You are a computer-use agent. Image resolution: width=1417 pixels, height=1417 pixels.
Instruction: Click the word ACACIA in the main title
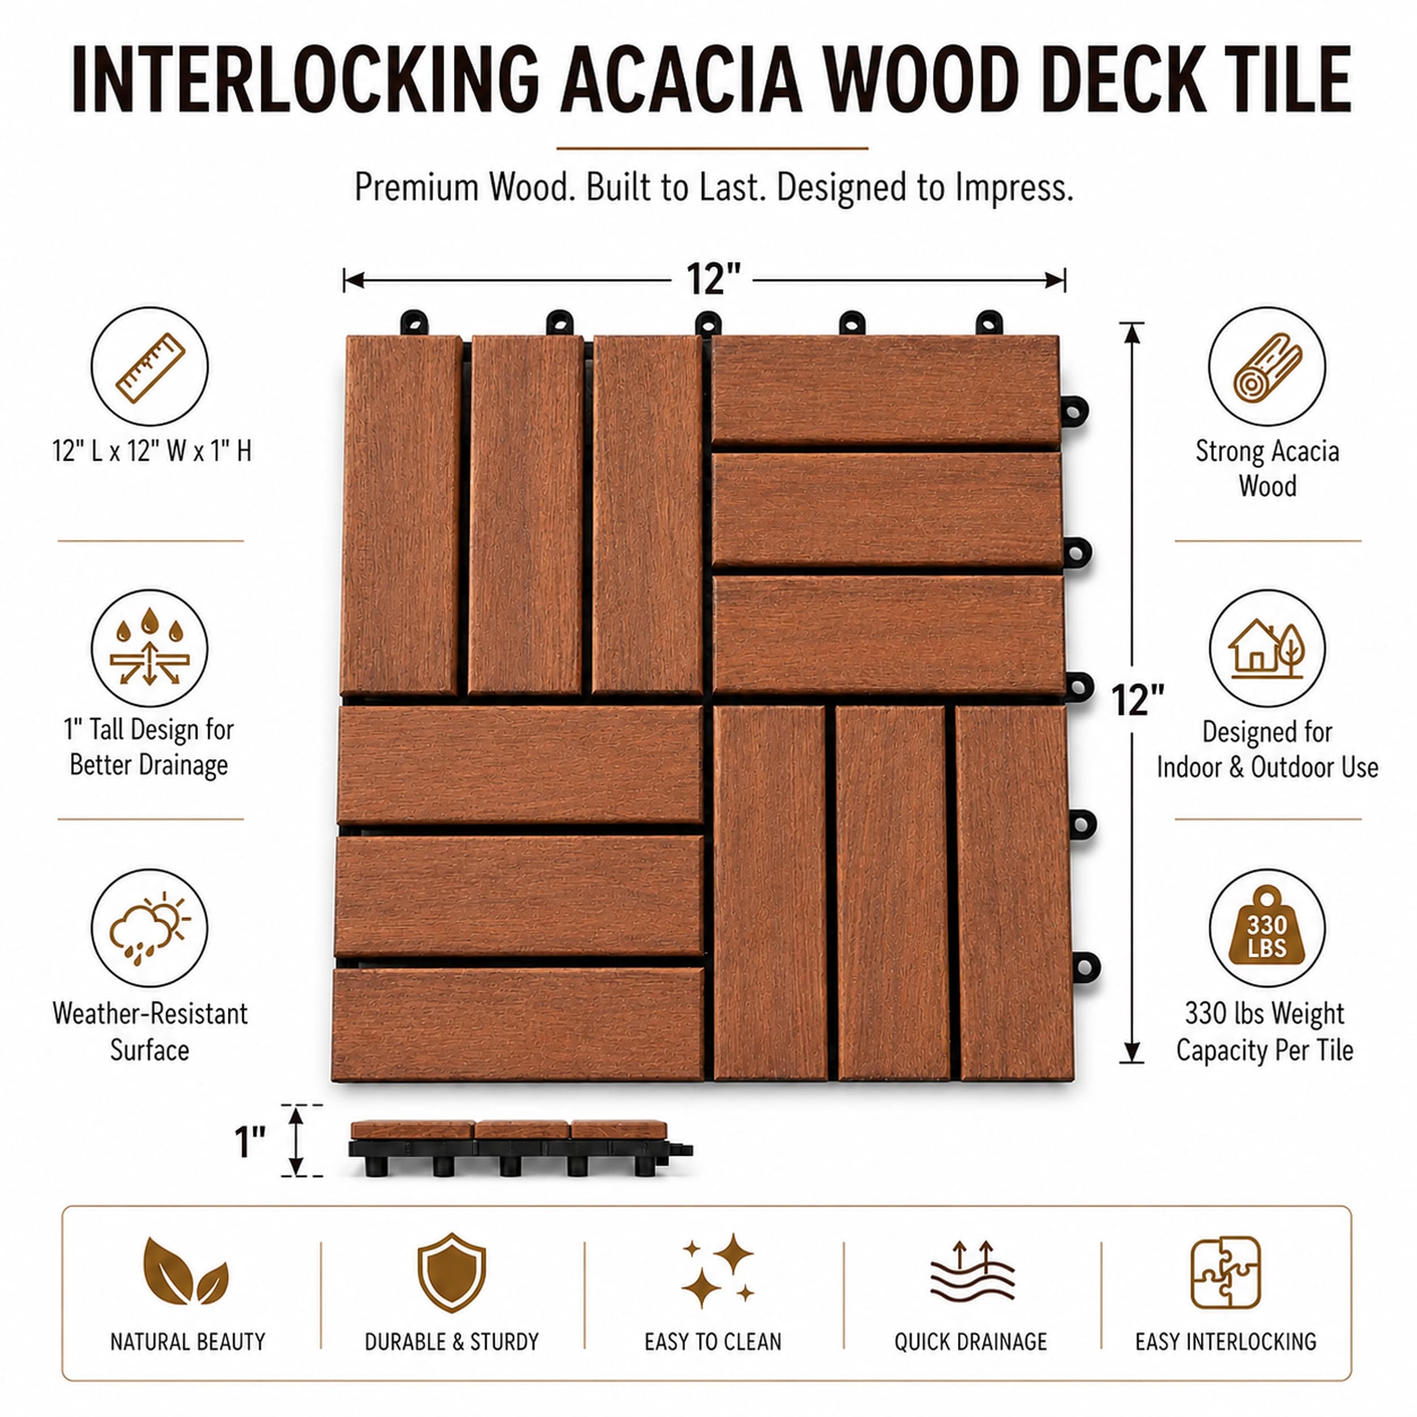[x=681, y=80]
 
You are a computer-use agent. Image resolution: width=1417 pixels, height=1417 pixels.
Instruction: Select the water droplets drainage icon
[x=150, y=646]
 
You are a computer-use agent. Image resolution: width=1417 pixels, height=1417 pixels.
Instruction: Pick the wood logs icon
[x=1267, y=368]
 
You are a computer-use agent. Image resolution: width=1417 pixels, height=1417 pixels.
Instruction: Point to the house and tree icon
[x=1267, y=648]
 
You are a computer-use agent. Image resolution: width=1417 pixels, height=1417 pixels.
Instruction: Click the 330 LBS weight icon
[x=1267, y=926]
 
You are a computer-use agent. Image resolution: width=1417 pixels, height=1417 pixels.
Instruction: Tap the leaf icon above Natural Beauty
[x=185, y=1271]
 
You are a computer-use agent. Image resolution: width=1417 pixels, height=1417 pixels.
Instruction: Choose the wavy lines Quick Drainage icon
[x=972, y=1274]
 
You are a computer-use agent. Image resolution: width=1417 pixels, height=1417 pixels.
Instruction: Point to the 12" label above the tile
[x=713, y=279]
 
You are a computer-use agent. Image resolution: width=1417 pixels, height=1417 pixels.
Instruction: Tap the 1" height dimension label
[x=250, y=1142]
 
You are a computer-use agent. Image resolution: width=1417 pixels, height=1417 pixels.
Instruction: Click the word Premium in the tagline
[x=417, y=187]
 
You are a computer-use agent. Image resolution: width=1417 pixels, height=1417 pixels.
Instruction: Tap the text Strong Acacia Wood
[x=1267, y=468]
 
